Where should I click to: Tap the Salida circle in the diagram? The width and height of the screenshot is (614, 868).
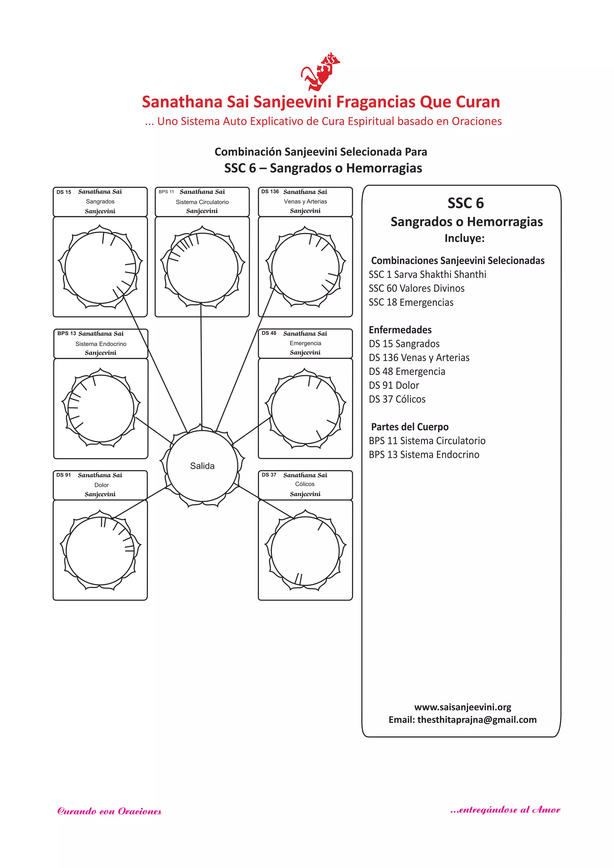(x=202, y=466)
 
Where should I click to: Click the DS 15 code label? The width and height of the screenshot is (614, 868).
(x=64, y=192)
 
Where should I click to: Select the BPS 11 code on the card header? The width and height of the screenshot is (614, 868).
(x=166, y=192)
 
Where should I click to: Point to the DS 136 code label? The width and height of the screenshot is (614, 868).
(x=270, y=192)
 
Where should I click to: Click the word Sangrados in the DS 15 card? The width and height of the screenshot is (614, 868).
(x=100, y=201)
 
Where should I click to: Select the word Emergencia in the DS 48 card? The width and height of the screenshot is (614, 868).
(x=306, y=343)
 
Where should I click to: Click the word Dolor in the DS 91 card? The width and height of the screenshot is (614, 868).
(x=101, y=485)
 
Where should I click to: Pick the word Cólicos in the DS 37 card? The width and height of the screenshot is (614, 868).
(x=305, y=484)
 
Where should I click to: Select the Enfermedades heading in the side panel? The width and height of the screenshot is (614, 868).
(x=400, y=330)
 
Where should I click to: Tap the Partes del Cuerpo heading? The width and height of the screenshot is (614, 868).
(x=410, y=427)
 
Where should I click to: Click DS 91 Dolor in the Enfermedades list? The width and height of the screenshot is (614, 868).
(x=394, y=385)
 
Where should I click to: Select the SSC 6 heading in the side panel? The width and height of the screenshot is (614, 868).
(x=465, y=203)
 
